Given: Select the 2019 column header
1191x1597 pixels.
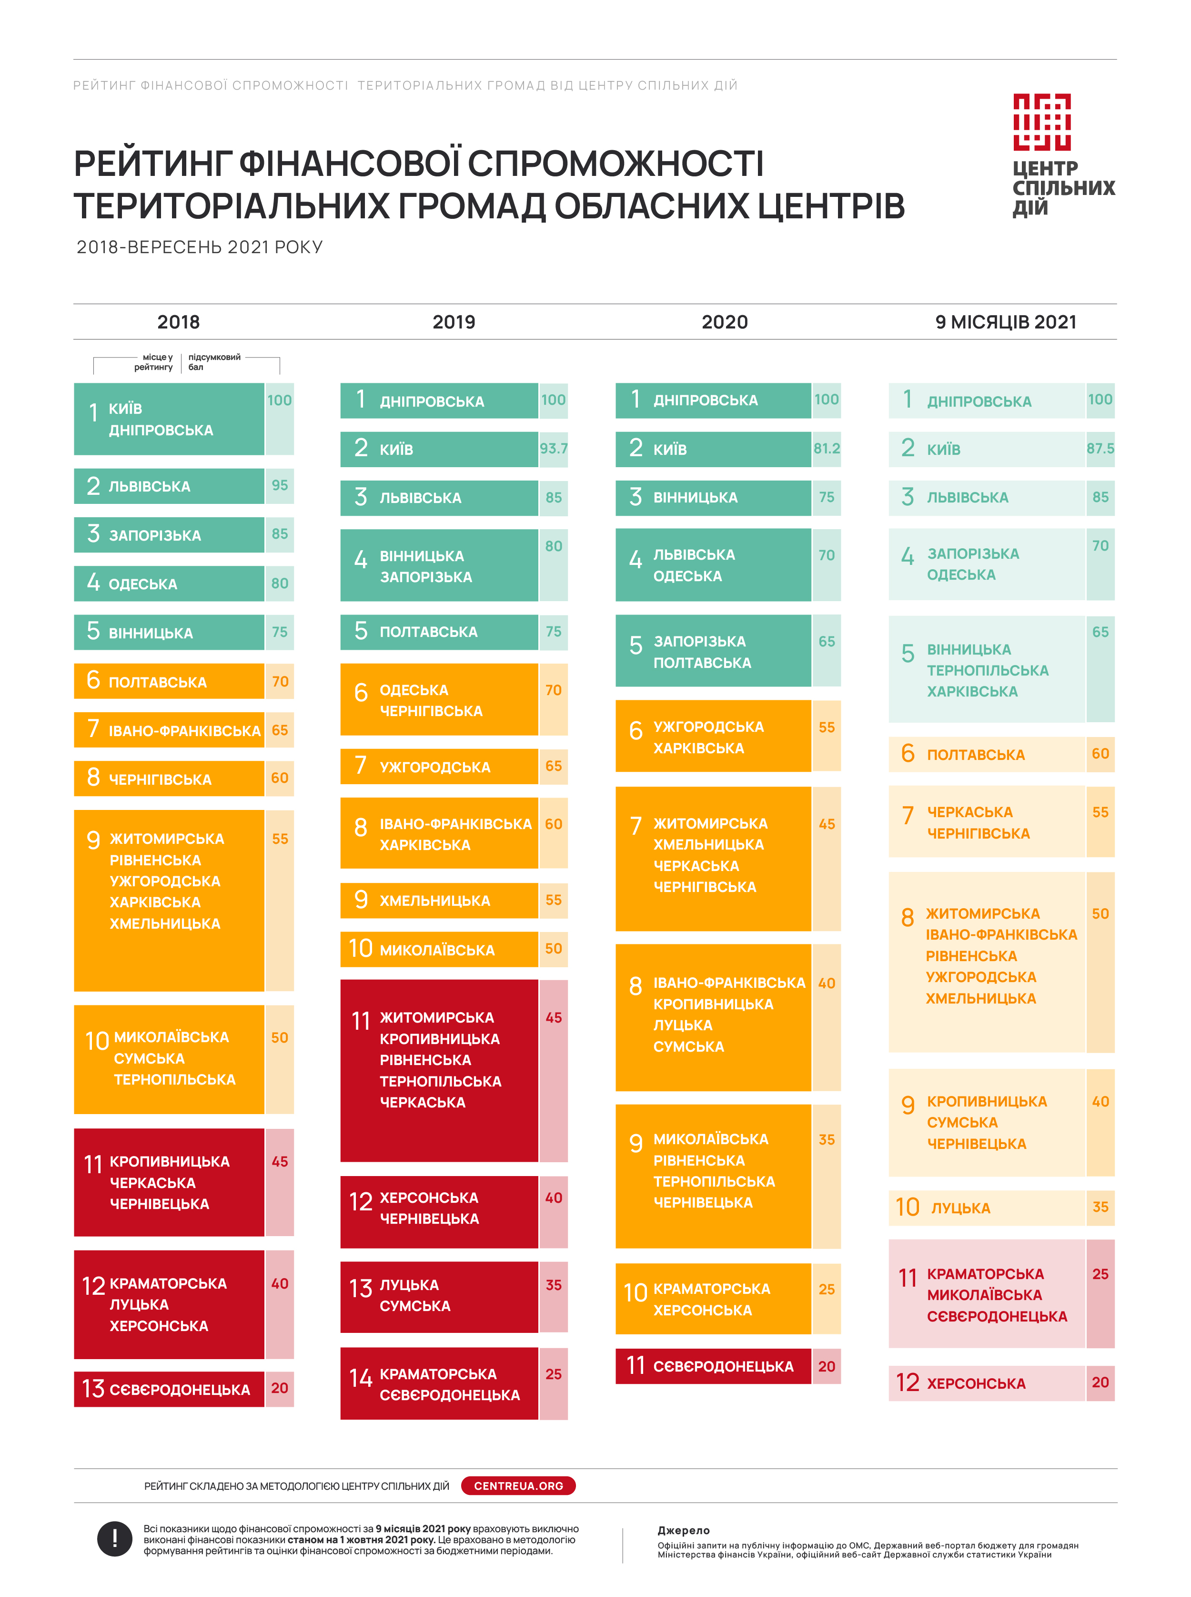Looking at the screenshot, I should pyautogui.click(x=454, y=322).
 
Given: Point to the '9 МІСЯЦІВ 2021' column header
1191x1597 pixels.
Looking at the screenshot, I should pyautogui.click(x=1005, y=322).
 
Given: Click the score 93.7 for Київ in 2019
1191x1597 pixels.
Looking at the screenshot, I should pyautogui.click(x=553, y=449).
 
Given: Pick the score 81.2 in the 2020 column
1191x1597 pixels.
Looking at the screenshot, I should pyautogui.click(x=826, y=449).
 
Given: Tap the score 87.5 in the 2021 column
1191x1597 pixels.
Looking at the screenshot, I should pyautogui.click(x=1100, y=449).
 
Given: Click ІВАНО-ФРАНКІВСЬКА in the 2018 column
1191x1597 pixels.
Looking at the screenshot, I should pyautogui.click(x=184, y=731).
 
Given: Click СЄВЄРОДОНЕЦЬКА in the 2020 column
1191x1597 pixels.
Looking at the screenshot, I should pyautogui.click(x=723, y=1366).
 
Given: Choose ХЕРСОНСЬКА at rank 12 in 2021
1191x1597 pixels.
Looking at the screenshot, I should pyautogui.click(x=976, y=1383).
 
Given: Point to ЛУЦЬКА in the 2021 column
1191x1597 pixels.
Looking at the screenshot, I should pyautogui.click(x=960, y=1208).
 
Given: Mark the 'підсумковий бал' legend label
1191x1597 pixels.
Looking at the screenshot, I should pyautogui.click(x=213, y=362).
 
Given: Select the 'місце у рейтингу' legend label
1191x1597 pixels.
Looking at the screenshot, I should pyautogui.click(x=153, y=362).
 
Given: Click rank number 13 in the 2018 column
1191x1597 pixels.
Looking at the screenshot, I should pyautogui.click(x=93, y=1389).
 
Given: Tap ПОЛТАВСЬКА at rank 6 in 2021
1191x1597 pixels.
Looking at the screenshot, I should pyautogui.click(x=976, y=755).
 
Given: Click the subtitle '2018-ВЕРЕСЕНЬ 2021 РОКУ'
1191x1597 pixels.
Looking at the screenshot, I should pyautogui.click(x=200, y=247).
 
